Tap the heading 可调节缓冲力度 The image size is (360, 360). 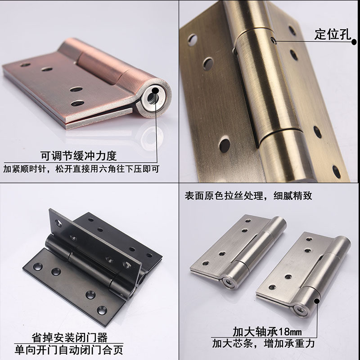79,156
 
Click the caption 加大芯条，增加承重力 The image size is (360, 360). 263,344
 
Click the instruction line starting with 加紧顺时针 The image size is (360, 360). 81,170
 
